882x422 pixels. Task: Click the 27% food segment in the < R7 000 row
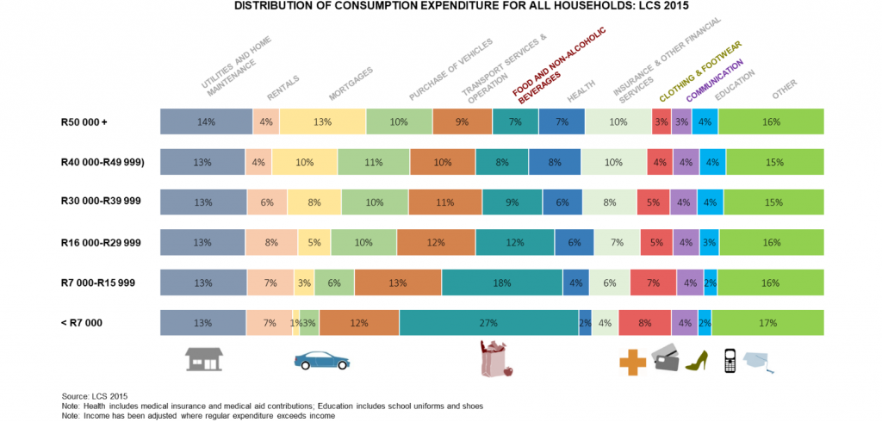pos(488,323)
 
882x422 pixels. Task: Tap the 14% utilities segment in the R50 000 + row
pos(206,121)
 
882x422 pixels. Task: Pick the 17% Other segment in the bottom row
pos(767,323)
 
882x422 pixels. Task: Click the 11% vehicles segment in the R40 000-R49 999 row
pos(374,162)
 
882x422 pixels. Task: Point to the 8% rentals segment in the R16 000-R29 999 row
pos(271,243)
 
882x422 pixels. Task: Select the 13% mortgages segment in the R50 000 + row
pos(322,121)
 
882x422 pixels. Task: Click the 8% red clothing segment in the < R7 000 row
pos(644,323)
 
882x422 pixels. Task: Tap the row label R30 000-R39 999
pos(101,201)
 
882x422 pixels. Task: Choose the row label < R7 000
pos(84,322)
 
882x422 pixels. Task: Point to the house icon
pos(204,358)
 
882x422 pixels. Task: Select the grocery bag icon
pos(494,358)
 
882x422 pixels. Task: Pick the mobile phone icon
pos(729,360)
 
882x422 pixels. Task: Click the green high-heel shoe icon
pos(696,360)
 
